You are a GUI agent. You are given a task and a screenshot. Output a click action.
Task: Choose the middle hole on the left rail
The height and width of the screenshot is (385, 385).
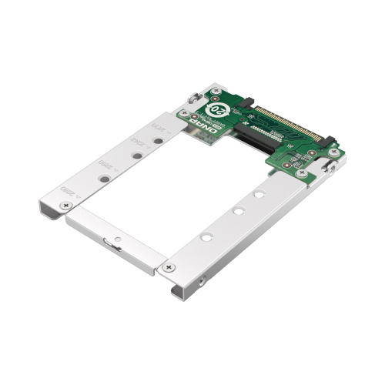[136, 156]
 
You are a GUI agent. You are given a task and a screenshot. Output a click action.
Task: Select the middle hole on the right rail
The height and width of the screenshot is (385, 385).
[239, 209]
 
